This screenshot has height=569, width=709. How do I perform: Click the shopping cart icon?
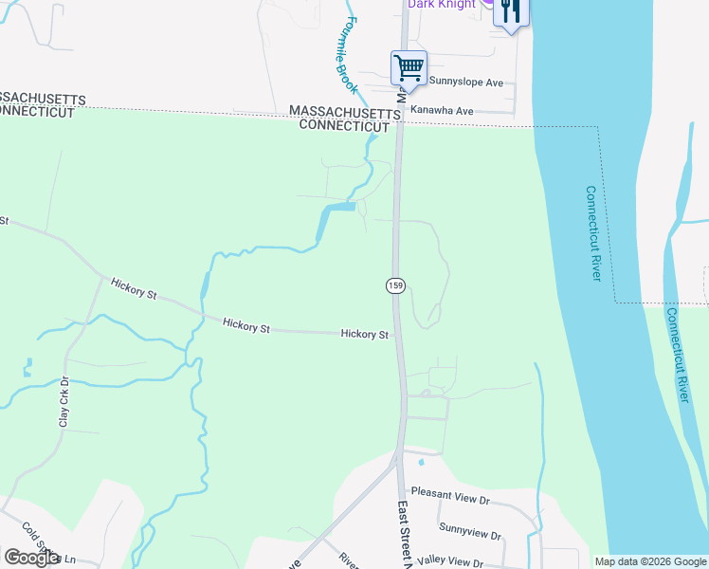tap(409, 68)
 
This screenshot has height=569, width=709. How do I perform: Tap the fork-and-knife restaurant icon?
tap(511, 11)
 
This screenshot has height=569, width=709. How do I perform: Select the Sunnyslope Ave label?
tap(466, 83)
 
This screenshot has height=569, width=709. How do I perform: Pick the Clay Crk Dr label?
tap(64, 402)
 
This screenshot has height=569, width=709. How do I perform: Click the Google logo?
tap(31, 558)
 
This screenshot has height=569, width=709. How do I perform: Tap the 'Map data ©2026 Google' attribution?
tap(650, 561)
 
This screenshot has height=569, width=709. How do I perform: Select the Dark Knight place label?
tap(442, 5)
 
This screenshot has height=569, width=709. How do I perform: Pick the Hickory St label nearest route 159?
tap(365, 334)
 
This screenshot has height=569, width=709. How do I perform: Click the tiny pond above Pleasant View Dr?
tap(420, 463)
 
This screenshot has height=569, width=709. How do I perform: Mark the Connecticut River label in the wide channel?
tap(593, 232)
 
